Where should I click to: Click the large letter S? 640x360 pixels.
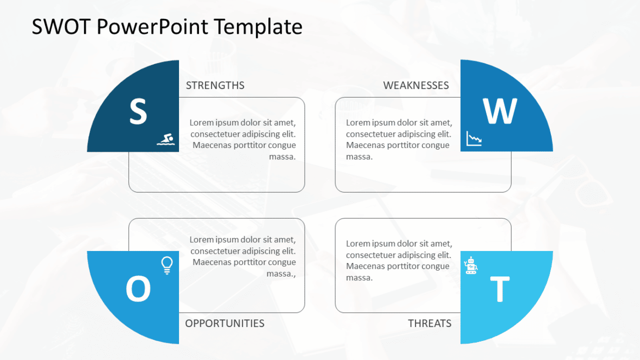tap(138, 111)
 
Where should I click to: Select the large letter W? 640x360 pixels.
tap(500, 111)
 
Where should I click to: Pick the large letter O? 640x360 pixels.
tap(138, 289)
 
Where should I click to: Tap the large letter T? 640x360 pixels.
tap(500, 289)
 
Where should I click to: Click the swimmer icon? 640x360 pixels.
tap(166, 139)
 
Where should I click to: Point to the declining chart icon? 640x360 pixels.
tap(474, 139)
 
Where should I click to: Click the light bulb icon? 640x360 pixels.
tap(167, 265)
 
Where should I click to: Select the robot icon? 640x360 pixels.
tap(471, 265)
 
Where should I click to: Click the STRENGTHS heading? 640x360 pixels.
tap(215, 86)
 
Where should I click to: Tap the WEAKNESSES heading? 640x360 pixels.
tap(416, 86)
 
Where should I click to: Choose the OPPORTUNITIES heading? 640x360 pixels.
tap(225, 324)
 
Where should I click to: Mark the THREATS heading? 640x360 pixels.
tap(430, 324)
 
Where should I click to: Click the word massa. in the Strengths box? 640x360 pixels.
tap(282, 157)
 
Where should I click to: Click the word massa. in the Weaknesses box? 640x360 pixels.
tap(359, 157)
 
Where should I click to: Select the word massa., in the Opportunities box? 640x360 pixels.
tap(281, 274)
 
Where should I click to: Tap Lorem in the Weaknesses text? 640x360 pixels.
tap(359, 123)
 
